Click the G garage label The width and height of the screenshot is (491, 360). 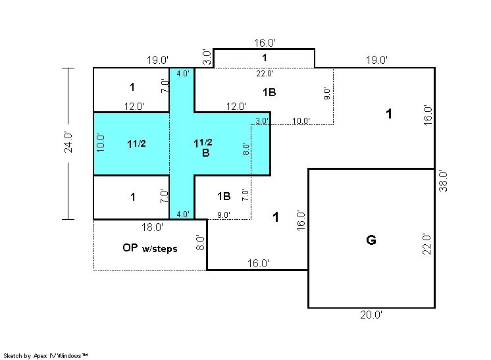pyautogui.click(x=371, y=240)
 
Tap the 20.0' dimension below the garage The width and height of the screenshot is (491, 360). pyautogui.click(x=371, y=315)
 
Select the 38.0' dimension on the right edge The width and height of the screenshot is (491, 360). pyautogui.click(x=443, y=181)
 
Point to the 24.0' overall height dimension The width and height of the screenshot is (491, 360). pyautogui.click(x=68, y=142)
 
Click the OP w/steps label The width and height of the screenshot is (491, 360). pyautogui.click(x=150, y=248)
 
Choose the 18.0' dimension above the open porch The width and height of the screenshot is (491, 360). pyautogui.click(x=152, y=227)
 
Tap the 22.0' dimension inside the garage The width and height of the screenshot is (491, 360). pyautogui.click(x=426, y=244)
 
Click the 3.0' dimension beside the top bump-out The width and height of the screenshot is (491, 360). pyautogui.click(x=207, y=57)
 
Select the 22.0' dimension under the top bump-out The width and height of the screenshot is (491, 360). pyautogui.click(x=265, y=74)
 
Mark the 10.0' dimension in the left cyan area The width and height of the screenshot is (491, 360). pyautogui.click(x=101, y=143)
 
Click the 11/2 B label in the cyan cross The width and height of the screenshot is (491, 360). pyautogui.click(x=203, y=147)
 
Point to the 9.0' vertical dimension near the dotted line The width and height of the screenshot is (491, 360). pyautogui.click(x=326, y=93)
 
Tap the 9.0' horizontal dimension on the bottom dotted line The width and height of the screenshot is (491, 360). pyautogui.click(x=224, y=215)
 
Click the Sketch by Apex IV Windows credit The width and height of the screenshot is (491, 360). pyautogui.click(x=45, y=355)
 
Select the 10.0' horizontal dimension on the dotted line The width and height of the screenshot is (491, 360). pyautogui.click(x=301, y=121)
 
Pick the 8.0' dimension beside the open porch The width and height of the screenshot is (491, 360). pyautogui.click(x=200, y=243)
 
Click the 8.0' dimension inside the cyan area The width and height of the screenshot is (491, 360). pyautogui.click(x=246, y=149)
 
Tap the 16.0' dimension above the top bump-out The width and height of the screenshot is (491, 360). pyautogui.click(x=265, y=43)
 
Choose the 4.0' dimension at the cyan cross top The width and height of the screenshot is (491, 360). pyautogui.click(x=183, y=74)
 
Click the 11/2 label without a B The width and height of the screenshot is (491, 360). pyautogui.click(x=136, y=143)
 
